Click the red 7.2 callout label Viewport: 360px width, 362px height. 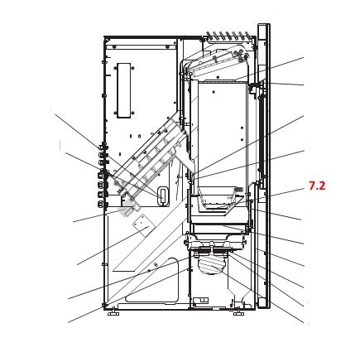pos(317,186)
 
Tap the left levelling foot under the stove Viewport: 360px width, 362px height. pos(113,312)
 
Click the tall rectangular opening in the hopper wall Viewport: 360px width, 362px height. pos(124,90)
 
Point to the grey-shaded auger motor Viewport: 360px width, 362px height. pos(127,210)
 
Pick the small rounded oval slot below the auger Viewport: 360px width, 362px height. pos(163,195)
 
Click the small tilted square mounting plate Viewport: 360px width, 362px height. pos(142,225)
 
